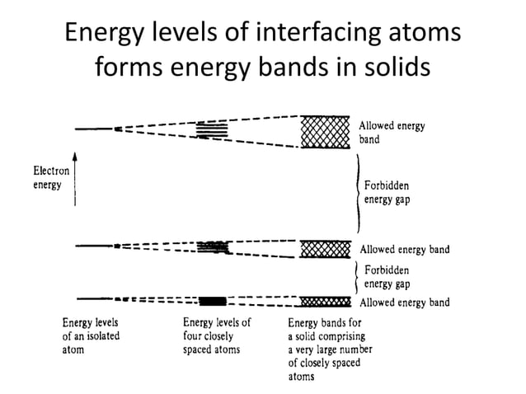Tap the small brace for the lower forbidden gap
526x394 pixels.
tap(355, 275)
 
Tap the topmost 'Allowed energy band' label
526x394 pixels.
tap(392, 133)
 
